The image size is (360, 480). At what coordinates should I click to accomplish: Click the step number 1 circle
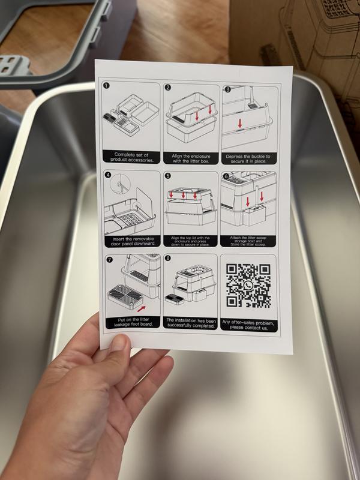tap(106, 86)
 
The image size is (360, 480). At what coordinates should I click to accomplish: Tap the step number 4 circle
tap(108, 175)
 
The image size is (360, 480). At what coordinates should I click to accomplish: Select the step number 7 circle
tap(109, 260)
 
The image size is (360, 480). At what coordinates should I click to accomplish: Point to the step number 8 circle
tap(168, 258)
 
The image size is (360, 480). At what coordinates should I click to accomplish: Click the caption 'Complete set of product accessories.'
tap(131, 157)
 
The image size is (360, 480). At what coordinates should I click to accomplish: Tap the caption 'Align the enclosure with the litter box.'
tap(191, 158)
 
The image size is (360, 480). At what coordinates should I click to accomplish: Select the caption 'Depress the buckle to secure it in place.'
tap(248, 158)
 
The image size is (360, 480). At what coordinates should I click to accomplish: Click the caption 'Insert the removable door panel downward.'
tap(133, 241)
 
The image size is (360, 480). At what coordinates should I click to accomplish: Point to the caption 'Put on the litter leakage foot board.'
tap(133, 322)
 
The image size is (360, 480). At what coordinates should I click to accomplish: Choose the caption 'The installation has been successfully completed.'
tap(190, 323)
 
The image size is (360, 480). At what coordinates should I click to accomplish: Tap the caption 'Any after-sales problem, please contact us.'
tap(248, 325)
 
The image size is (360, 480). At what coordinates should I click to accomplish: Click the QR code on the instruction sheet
tap(248, 286)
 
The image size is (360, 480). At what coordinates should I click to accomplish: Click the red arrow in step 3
tap(240, 124)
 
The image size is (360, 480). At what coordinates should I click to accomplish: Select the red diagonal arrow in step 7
tap(141, 308)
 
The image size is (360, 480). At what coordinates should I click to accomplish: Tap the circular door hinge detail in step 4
tap(121, 184)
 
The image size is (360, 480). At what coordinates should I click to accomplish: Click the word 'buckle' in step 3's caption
tap(253, 157)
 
